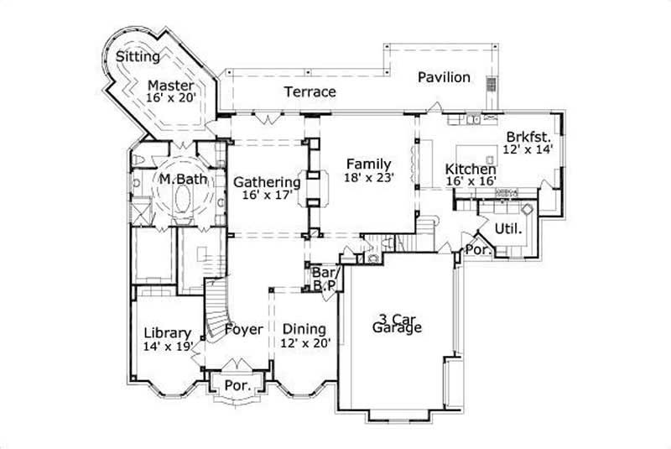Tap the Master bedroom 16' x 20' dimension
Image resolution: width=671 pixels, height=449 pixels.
170,98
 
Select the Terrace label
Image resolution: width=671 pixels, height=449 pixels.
309,91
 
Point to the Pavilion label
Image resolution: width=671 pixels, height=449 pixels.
445,77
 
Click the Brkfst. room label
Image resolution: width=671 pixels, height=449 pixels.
528,137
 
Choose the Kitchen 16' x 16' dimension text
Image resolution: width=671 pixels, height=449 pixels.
471,180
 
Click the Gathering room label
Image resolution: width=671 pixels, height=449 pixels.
267,181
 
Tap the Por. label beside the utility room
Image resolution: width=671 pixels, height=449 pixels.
477,249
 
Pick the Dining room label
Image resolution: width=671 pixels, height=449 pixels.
304,329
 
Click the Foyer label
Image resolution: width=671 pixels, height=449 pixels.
244,329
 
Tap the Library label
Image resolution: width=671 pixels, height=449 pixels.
168,332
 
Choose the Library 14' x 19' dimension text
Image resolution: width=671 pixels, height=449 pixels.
168,345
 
